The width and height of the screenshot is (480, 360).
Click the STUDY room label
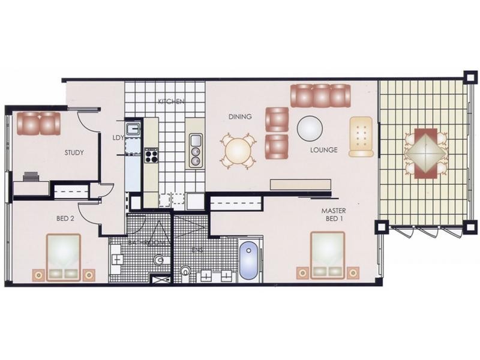pyautogui.click(x=74, y=152)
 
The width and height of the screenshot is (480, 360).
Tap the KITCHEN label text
pyautogui.click(x=170, y=101)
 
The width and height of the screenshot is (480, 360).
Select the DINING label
pyautogui.click(x=239, y=116)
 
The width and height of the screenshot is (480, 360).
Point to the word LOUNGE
pyautogui.click(x=324, y=150)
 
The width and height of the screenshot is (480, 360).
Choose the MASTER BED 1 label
pyautogui.click(x=333, y=215)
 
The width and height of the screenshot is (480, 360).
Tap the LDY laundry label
pyautogui.click(x=118, y=137)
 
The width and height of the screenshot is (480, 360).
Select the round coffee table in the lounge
pyautogui.click(x=310, y=127)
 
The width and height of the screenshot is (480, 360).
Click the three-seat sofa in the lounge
pyautogui.click(x=320, y=95)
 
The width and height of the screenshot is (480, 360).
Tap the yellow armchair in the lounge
pyautogui.click(x=361, y=136)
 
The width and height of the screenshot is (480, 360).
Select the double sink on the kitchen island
pyautogui.click(x=196, y=151)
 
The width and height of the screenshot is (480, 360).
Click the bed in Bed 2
pyautogui.click(x=63, y=257)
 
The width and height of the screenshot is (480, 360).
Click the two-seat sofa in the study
pyautogui.click(x=39, y=123)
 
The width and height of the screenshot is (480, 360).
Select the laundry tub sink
pyautogui.click(x=133, y=129)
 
